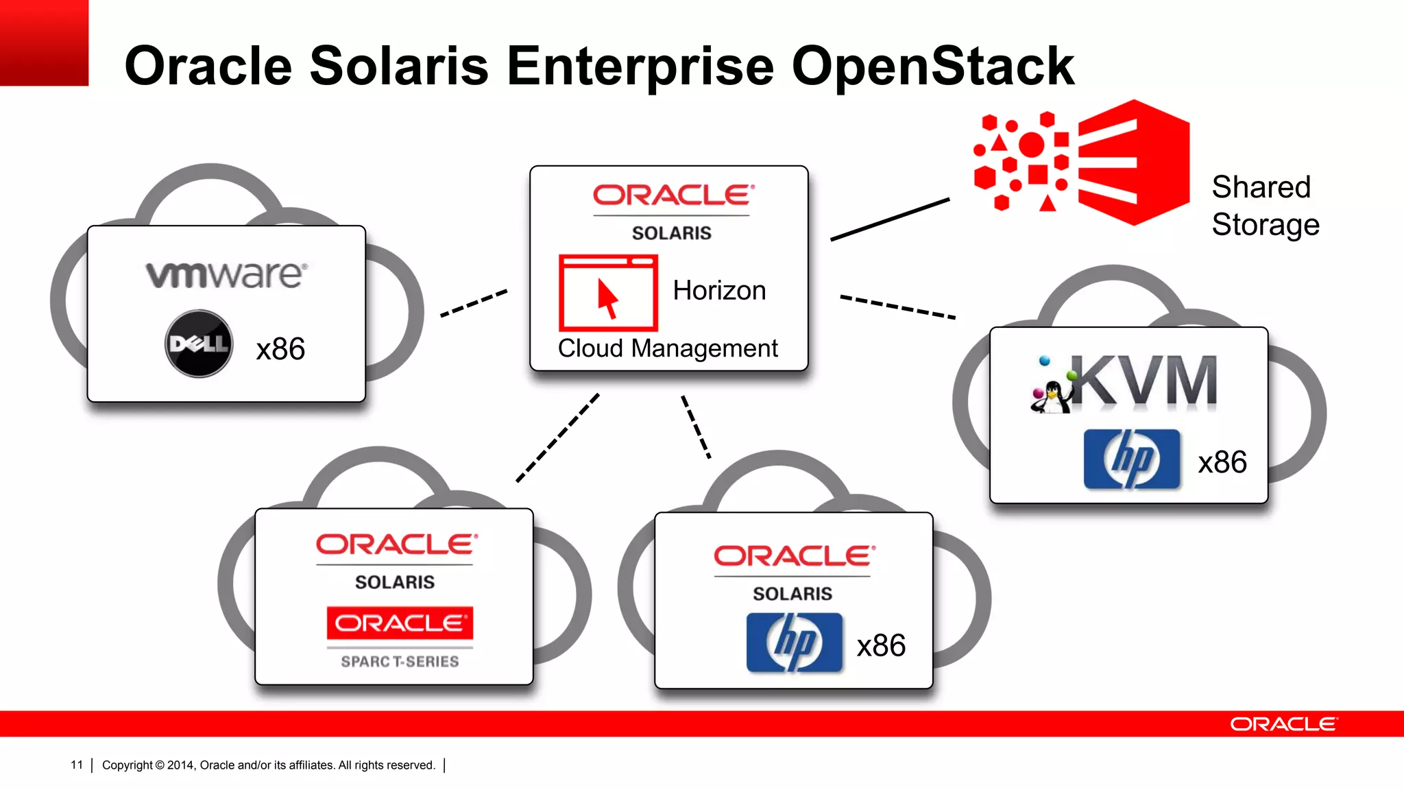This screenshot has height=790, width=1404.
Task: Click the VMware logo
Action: point(226,274)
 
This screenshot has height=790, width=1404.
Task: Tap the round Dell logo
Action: point(199,344)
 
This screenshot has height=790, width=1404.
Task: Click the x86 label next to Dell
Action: point(280,349)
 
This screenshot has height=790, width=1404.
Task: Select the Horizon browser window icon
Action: point(608,293)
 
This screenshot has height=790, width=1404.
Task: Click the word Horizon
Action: point(719,291)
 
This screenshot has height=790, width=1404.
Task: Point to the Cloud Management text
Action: point(668,348)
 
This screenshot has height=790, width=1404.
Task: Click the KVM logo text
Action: point(1143,381)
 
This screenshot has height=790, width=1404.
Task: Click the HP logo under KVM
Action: point(1132,459)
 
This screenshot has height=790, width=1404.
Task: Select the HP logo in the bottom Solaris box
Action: point(794,643)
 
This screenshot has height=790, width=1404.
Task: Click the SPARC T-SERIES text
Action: point(400,662)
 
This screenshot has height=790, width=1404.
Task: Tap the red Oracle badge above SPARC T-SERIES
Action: point(400,623)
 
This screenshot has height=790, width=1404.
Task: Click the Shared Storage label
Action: point(1265,206)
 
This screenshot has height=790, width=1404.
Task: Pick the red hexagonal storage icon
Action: point(1133,163)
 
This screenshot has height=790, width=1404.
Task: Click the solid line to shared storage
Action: point(890,219)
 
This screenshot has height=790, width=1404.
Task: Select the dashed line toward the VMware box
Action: point(474,303)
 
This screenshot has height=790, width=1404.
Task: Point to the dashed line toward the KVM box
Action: point(897,307)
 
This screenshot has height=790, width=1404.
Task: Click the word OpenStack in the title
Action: point(932,66)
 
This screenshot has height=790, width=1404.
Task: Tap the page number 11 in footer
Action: point(77,765)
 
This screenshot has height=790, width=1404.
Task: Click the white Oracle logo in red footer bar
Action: point(1283,724)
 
